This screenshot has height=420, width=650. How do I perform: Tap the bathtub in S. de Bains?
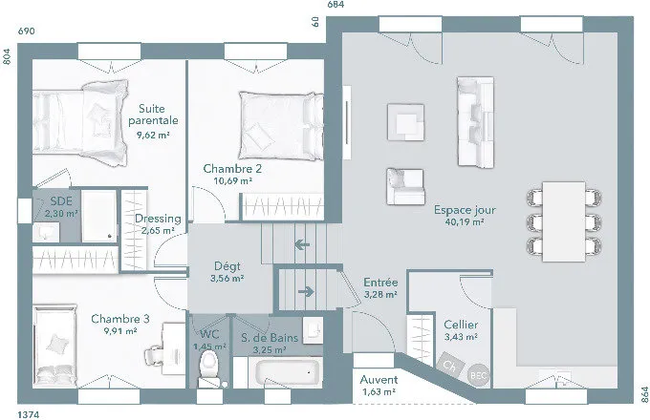(289, 371)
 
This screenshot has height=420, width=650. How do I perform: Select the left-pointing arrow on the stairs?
(302, 245)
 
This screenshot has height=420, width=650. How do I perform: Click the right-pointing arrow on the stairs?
(306, 292)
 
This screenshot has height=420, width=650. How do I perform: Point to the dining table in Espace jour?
(564, 221)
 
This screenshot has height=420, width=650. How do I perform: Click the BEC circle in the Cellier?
(479, 376)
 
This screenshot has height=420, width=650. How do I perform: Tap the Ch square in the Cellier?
(450, 365)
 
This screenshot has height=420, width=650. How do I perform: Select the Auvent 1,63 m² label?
(379, 386)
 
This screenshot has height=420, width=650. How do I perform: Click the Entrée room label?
(380, 283)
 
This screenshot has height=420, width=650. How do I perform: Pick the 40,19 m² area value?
(465, 221)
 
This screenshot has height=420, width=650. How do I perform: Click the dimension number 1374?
(29, 414)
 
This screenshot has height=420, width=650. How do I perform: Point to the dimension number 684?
(336, 5)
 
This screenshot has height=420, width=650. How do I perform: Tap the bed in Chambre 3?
(55, 346)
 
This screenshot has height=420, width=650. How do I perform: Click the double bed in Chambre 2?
(281, 126)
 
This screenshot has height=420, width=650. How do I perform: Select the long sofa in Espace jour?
(475, 122)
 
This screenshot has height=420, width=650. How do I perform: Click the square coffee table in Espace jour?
(406, 122)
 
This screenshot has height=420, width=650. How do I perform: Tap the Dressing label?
(158, 219)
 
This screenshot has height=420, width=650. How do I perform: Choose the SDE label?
(61, 201)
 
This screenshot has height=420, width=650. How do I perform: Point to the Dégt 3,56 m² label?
(227, 272)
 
